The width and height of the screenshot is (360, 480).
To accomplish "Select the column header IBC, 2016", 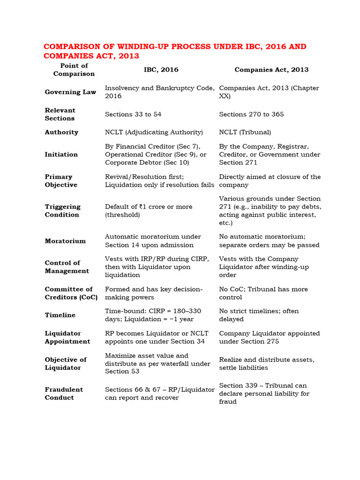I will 161,69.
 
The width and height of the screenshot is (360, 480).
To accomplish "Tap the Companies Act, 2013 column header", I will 271,69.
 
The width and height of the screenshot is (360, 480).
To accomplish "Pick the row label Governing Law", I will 70,92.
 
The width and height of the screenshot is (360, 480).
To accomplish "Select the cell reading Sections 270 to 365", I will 251,114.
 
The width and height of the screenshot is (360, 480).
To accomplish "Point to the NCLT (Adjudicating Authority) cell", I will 154,132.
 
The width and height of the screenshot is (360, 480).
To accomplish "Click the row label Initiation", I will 61,154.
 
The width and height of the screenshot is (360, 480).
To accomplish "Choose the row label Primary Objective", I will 61,181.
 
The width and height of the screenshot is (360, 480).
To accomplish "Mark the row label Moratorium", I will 65,241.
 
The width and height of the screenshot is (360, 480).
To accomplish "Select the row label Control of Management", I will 67,267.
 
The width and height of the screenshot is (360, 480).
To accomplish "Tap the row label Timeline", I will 60,315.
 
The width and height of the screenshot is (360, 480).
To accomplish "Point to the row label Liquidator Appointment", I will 67,337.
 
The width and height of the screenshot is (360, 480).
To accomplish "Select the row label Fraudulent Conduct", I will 64,393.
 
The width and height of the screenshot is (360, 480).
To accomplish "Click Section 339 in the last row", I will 238,386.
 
